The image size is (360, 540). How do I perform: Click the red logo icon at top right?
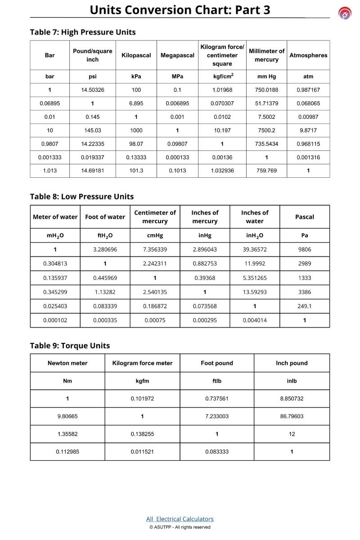(x=345, y=14)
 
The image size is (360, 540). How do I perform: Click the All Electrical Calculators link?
(x=180, y=519)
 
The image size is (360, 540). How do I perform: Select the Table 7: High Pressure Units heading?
(x=83, y=32)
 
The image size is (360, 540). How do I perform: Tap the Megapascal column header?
(x=177, y=55)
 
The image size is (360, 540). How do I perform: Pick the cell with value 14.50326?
(x=92, y=90)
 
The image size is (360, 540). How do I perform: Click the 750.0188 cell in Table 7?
(x=266, y=90)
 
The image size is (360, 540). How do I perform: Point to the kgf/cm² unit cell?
(x=222, y=76)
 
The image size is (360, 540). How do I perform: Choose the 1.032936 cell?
(x=222, y=171)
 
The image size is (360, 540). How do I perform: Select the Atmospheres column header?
(x=308, y=55)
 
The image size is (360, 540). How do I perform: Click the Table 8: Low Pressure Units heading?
(x=82, y=197)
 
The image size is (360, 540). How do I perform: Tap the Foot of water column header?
(x=105, y=217)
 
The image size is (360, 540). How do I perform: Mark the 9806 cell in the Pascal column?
(x=305, y=249)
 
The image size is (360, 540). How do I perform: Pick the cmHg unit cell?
(x=155, y=235)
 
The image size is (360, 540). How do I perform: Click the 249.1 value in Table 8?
(x=305, y=306)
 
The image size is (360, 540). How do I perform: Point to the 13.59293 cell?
(x=255, y=292)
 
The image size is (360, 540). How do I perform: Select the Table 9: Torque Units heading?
(x=70, y=346)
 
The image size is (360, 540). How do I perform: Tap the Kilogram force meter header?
(x=142, y=363)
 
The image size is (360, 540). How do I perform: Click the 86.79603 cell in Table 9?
(x=292, y=416)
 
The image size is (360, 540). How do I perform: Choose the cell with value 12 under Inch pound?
(x=292, y=434)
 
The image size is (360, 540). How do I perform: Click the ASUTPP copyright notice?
(x=180, y=527)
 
